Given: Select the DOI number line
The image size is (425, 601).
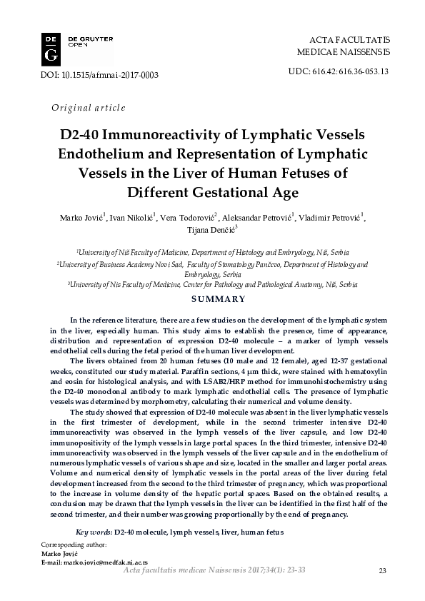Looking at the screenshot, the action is pyautogui.click(x=101, y=75).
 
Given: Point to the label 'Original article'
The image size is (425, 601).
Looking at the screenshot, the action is pyautogui.click(x=89, y=108).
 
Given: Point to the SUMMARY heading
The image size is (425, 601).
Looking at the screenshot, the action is pyautogui.click(x=212, y=299).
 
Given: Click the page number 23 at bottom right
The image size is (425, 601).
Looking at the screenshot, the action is pyautogui.click(x=382, y=570).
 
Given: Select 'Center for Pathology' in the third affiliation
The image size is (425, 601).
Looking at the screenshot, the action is pyautogui.click(x=221, y=283).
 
